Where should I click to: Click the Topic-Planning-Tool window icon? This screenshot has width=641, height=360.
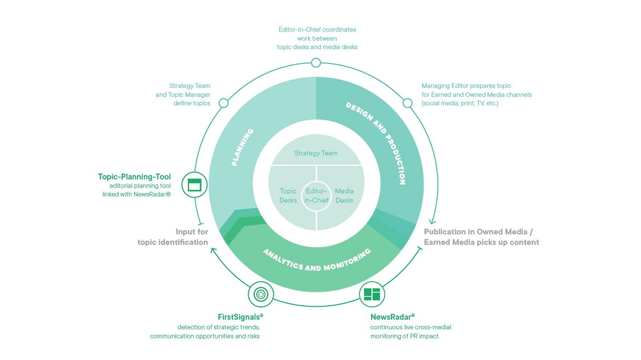click(195, 185)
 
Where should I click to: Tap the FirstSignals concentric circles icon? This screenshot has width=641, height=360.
click(261, 294)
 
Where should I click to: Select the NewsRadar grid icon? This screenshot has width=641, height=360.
click(372, 294)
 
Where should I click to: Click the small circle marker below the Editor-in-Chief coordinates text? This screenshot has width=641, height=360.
click(316, 63)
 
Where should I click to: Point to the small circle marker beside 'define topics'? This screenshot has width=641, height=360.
click(223, 103)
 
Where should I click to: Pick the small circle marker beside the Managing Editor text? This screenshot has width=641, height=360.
click(407, 103)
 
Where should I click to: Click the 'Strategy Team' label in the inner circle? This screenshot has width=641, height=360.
click(316, 153)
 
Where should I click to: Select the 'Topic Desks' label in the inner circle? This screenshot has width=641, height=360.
click(288, 196)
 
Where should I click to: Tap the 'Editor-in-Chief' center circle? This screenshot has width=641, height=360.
click(316, 196)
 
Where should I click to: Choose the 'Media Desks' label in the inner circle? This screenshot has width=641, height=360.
click(344, 196)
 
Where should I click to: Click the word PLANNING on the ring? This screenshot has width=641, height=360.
click(242, 147)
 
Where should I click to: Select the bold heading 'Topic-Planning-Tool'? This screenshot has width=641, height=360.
click(134, 177)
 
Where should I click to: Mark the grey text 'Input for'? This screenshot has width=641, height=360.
click(192, 231)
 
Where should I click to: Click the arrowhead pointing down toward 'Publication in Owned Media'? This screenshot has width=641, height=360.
click(432, 222)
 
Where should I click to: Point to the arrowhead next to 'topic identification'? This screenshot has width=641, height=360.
click(213, 251)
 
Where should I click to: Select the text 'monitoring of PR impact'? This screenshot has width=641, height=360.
click(404, 336)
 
